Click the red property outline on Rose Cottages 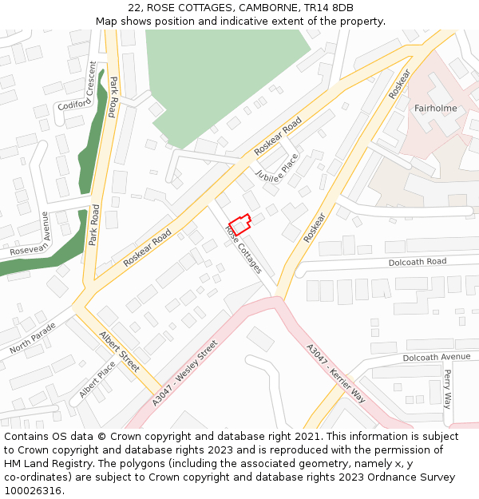(x=239, y=224)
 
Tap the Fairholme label (x=435, y=108)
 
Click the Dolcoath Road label (x=417, y=262)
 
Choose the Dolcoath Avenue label (x=437, y=357)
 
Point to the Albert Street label (x=119, y=351)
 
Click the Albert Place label (x=97, y=379)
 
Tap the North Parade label (x=33, y=339)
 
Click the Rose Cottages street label (x=243, y=248)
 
